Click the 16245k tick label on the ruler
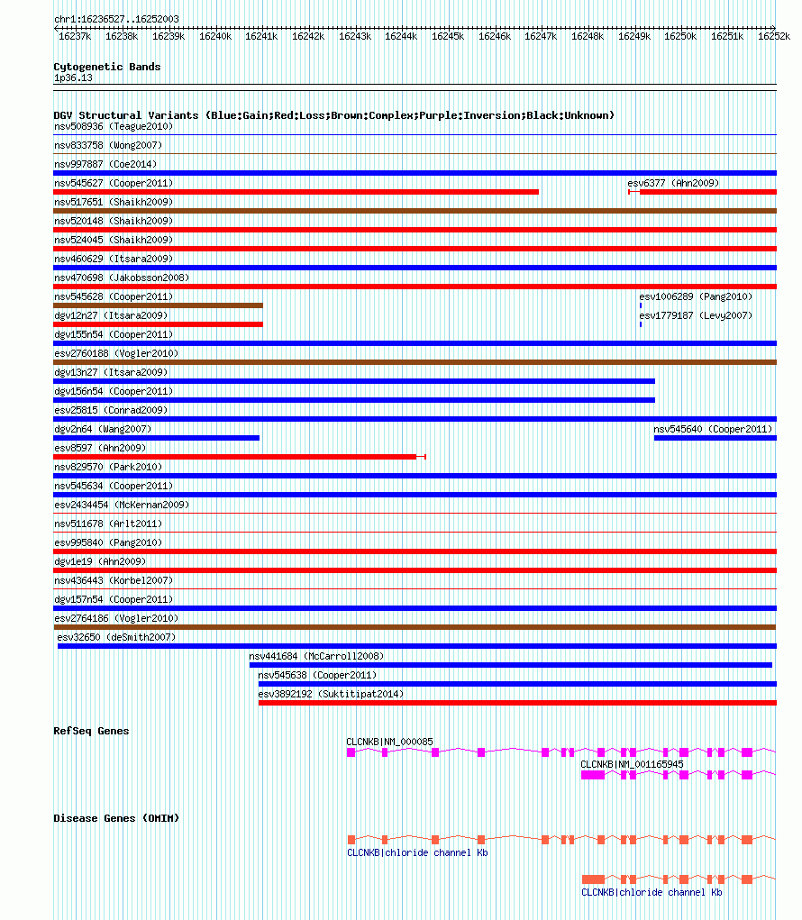pos(448,37)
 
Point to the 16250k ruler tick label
pos(681,37)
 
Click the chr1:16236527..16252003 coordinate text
pos(116,19)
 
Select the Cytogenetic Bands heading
pos(106,67)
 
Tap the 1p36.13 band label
pos(73,77)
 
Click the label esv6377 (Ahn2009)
pos(673,183)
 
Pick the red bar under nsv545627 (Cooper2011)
pos(296,192)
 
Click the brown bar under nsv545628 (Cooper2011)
pos(158,305)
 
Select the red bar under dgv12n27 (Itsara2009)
pos(158,324)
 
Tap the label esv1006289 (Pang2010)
pos(695,296)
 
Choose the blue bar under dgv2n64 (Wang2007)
pos(156,438)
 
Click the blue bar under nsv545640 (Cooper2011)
pos(715,438)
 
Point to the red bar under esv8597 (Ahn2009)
pos(234,457)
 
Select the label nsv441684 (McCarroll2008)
pos(316,656)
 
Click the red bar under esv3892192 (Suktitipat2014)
pos(516,703)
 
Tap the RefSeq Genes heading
pos(91,731)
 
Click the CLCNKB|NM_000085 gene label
pos(389,742)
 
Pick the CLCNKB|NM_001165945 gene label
pos(632,764)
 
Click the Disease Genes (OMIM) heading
pos(116,818)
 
